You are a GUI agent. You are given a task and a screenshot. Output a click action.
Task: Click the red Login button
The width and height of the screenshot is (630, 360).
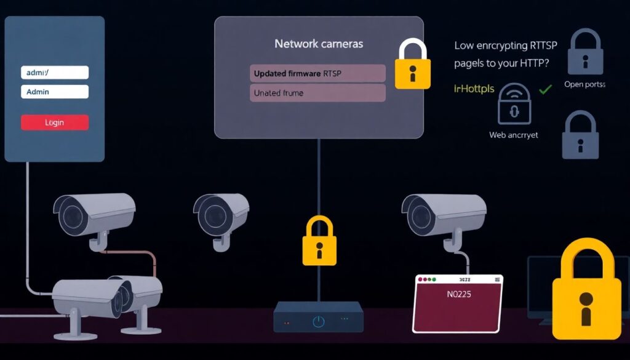55,122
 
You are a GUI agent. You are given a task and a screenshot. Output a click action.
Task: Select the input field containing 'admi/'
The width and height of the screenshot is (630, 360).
55,73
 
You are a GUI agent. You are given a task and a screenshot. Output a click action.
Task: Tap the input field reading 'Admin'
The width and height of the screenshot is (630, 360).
55,92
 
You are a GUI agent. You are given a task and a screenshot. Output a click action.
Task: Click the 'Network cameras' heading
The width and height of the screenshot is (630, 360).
319,44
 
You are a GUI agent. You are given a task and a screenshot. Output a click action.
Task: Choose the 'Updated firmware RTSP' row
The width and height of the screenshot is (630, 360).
317,73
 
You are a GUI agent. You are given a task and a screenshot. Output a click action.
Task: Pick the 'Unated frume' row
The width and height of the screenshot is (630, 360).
317,93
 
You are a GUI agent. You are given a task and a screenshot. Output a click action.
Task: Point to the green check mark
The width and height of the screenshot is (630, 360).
544,90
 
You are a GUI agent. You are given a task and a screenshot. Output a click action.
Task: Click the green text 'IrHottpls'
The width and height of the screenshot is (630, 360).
474,89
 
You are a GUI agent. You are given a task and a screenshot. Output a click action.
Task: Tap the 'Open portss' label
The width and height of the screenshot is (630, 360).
584,84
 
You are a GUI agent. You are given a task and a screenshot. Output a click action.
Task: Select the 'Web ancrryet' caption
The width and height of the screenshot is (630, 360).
514,134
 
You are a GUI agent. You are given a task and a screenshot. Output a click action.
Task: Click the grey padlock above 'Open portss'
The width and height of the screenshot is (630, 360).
585,52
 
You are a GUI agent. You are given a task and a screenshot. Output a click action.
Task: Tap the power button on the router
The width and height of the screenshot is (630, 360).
318,321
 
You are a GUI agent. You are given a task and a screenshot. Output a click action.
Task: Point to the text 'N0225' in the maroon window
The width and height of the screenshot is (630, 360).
458,294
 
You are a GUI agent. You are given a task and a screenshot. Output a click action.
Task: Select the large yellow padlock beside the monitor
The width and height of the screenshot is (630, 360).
585,289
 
